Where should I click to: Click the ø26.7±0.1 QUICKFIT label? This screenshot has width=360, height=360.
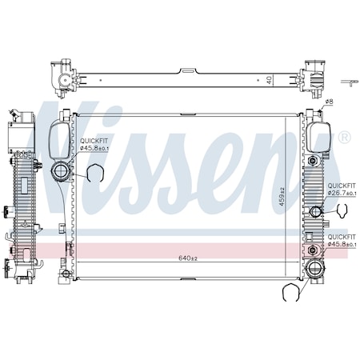(341, 193)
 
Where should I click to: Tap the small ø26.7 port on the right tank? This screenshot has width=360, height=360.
(315, 211)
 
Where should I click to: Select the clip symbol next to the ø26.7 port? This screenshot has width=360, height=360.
(342, 212)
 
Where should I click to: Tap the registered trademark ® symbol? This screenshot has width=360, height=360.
(344, 138)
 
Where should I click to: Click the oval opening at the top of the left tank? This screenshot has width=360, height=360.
(59, 139)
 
